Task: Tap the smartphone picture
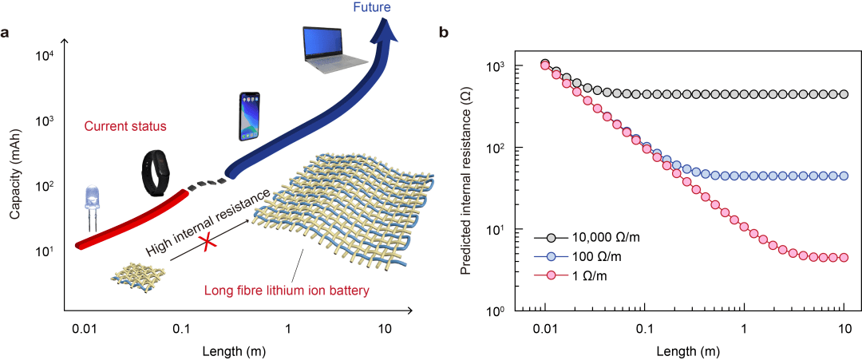(250, 117)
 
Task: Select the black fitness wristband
(155, 173)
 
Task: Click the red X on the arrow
(207, 242)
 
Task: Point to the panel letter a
(5, 34)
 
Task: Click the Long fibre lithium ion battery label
(285, 290)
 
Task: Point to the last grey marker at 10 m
(844, 94)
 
